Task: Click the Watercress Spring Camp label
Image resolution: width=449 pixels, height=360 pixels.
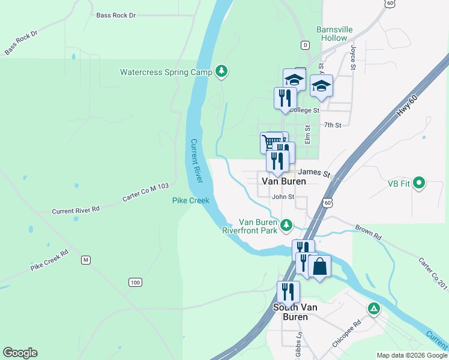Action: [166, 72]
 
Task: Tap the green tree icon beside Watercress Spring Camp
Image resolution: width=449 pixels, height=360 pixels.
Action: [222, 71]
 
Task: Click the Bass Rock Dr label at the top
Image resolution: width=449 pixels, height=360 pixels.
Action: [116, 15]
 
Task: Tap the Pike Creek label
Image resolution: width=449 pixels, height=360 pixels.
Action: [190, 200]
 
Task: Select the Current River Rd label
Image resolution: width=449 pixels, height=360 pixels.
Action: [75, 211]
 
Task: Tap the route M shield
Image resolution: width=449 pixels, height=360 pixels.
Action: [86, 260]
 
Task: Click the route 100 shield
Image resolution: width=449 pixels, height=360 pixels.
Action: [134, 282]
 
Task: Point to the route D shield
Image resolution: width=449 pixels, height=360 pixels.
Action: [306, 45]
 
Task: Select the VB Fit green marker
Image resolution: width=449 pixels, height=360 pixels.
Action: [420, 182]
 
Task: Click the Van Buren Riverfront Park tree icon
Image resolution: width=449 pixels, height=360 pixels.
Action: [287, 225]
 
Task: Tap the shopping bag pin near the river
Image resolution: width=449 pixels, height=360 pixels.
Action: [320, 266]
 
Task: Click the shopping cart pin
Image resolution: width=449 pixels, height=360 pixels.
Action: [271, 142]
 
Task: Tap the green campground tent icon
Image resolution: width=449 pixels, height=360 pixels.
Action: [374, 309]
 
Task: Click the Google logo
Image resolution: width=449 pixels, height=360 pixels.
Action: [20, 353]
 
